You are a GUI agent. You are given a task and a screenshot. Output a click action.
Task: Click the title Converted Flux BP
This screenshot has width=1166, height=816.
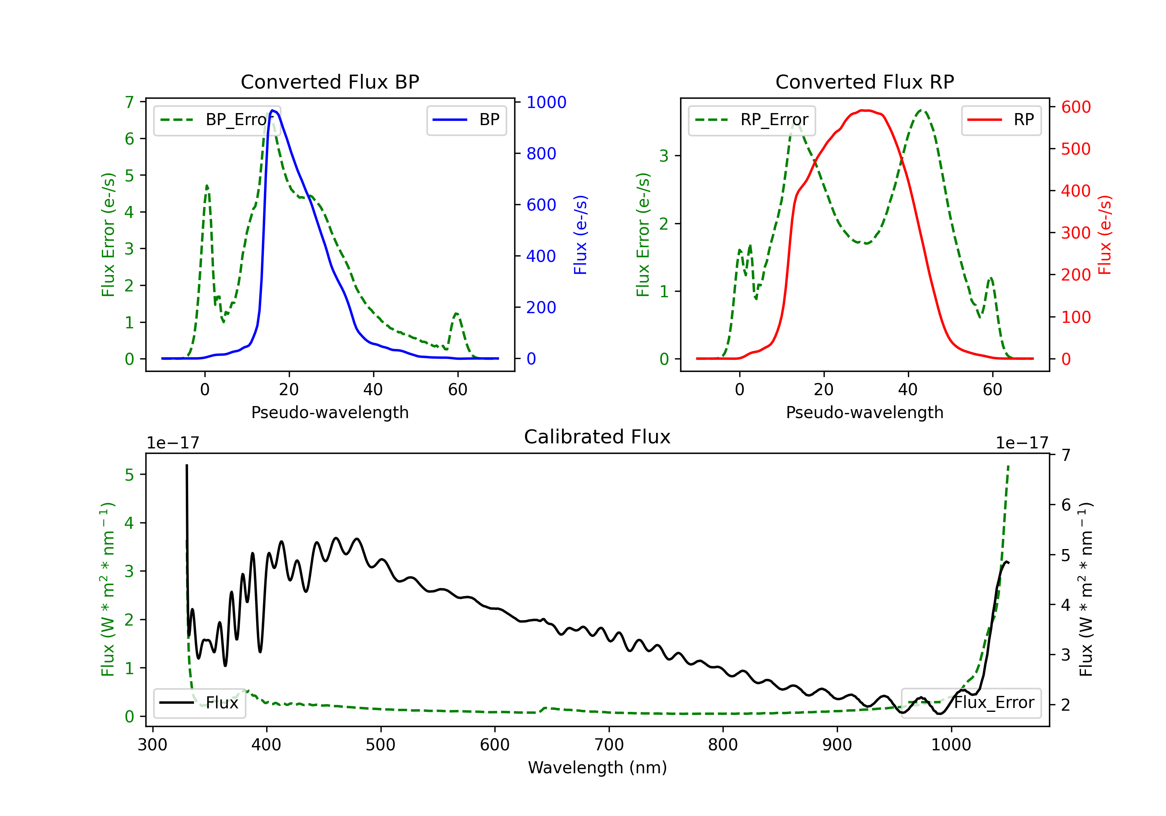[x=330, y=82]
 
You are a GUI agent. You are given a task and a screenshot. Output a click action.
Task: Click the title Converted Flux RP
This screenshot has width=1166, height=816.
[x=864, y=82]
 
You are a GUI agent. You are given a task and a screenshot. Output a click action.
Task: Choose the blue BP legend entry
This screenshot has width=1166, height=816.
[x=466, y=120]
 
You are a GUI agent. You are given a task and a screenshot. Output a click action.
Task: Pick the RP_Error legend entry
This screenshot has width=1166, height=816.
[x=752, y=120]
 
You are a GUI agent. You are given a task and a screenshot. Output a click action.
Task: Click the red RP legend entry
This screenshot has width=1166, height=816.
[x=1001, y=120]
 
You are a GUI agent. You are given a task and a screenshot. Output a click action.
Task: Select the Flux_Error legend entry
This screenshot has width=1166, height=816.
[x=971, y=703]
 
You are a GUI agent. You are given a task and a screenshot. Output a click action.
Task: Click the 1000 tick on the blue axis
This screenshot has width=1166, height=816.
[x=546, y=102]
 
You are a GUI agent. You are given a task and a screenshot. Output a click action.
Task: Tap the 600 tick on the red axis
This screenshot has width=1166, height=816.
[x=1075, y=107]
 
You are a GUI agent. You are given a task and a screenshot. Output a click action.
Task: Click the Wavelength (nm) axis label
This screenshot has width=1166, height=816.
[x=597, y=767]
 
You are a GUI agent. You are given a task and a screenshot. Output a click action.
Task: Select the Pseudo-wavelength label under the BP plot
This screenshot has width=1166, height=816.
[x=330, y=412]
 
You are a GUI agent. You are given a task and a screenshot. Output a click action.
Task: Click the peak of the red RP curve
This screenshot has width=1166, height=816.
[x=864, y=110]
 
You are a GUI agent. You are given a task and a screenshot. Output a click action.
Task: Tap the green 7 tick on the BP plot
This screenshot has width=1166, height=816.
[x=129, y=102]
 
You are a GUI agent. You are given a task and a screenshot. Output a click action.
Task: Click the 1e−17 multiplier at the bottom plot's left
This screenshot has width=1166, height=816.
[x=173, y=443]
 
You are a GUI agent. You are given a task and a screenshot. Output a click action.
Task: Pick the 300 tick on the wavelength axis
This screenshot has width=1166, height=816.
[x=152, y=745]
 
